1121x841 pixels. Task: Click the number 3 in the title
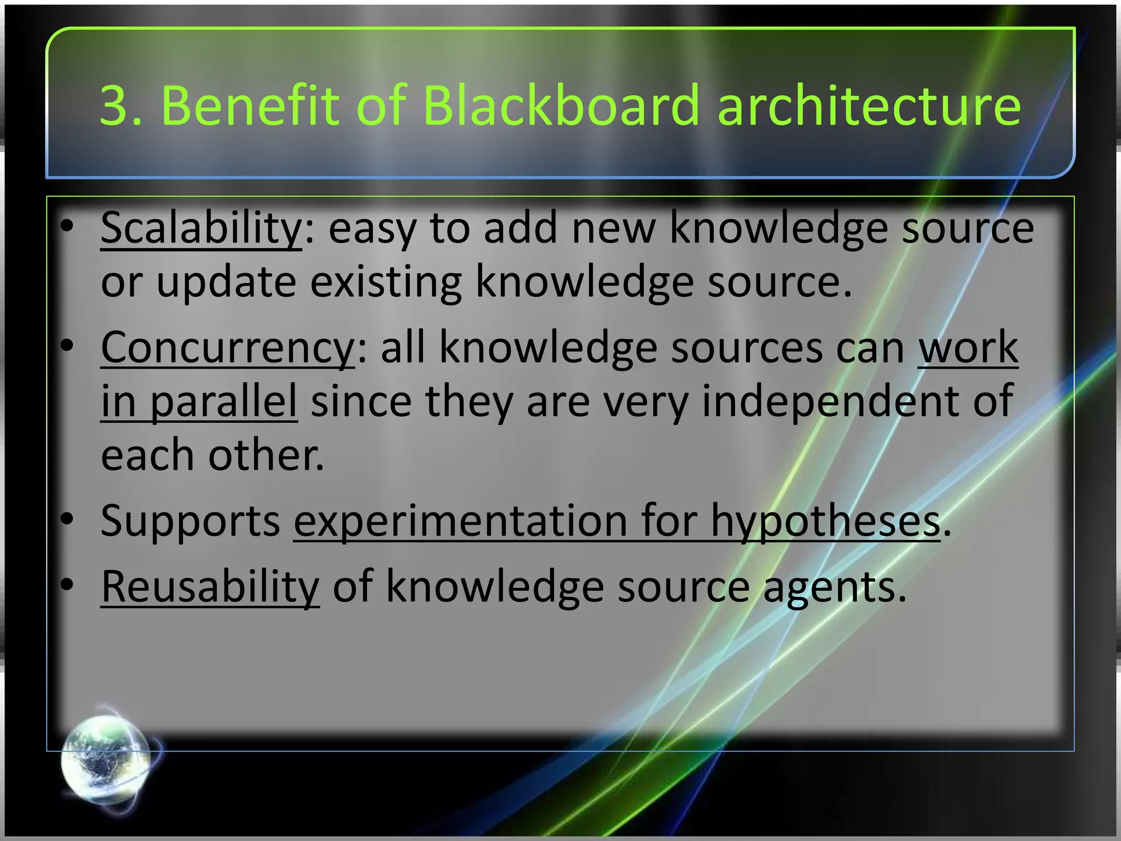pos(114,105)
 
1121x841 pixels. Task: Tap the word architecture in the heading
pos(869,105)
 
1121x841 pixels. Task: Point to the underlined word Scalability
pos(201,228)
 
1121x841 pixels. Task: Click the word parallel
pos(223,401)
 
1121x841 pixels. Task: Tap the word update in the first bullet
pos(226,283)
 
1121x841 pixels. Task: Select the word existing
pos(385,283)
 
